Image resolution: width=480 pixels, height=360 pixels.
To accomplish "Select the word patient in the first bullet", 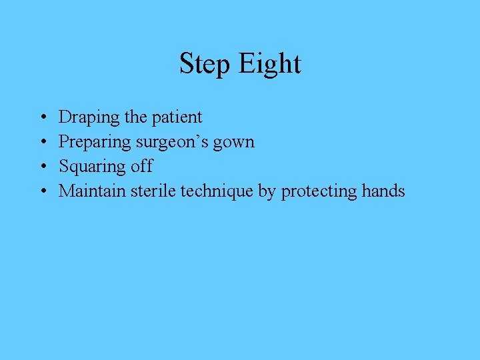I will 177,117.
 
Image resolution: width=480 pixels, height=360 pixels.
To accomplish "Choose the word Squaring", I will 91,167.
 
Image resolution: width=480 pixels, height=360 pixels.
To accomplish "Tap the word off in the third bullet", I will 141,166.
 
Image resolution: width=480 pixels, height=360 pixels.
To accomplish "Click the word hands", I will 383,191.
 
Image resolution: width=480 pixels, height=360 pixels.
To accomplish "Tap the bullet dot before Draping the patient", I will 42,118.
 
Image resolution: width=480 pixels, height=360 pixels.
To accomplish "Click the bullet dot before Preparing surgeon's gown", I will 42,143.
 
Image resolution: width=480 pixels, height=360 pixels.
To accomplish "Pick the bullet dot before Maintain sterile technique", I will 42,192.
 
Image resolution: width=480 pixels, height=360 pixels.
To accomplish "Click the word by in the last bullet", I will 267,191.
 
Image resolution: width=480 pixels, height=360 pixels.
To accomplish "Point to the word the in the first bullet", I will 135,117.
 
